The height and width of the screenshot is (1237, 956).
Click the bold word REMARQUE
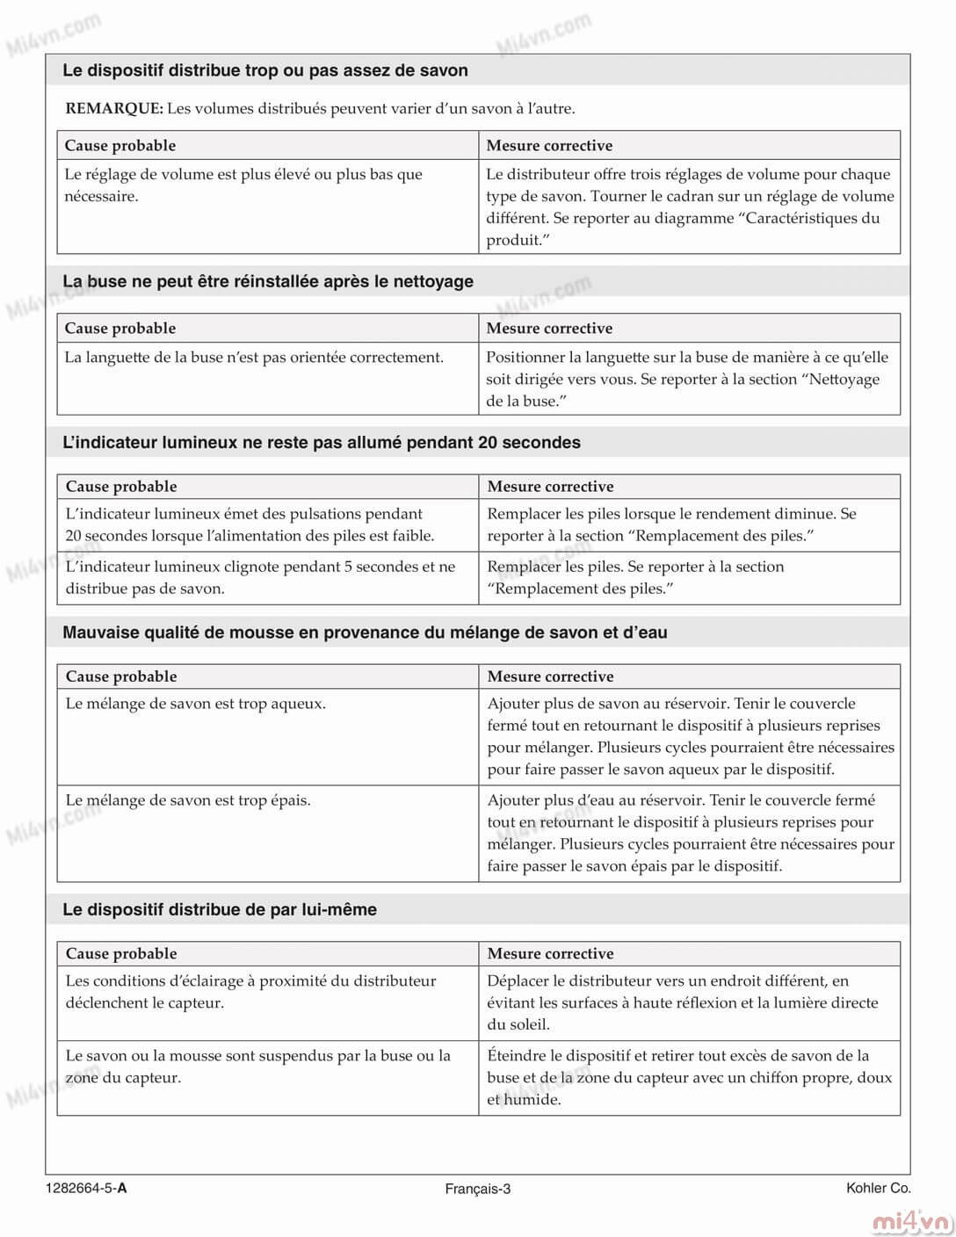114,109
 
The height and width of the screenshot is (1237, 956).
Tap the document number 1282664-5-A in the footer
86,1189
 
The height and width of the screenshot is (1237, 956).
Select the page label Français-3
477,1189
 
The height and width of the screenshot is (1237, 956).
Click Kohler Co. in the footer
878,1188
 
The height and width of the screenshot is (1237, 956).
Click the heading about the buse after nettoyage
268,282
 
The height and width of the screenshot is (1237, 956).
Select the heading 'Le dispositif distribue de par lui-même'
220,910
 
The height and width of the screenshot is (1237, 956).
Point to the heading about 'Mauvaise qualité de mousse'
365,633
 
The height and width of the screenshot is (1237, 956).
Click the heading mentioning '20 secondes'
322,443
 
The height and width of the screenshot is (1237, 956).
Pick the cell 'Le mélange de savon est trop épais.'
188,800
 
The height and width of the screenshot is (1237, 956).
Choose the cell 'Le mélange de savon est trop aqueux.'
196,704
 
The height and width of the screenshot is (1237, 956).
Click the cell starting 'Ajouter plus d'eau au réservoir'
690,832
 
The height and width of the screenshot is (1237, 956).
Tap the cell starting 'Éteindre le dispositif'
690,1077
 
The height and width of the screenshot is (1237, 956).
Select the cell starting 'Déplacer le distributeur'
683,1002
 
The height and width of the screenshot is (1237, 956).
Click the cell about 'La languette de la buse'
254,358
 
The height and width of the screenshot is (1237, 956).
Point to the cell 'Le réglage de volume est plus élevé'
243,184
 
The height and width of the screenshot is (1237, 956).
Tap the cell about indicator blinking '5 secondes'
260,577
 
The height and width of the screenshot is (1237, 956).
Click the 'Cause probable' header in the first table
120,146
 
